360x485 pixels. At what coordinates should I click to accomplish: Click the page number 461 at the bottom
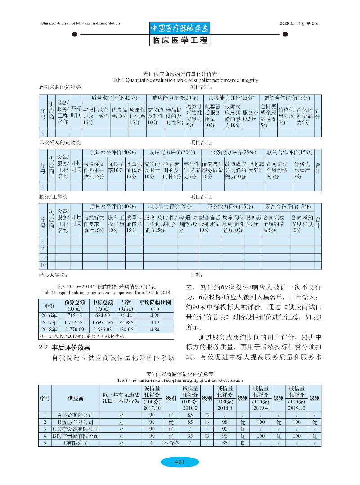(180, 462)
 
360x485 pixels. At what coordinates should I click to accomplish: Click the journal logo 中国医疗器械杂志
(180, 28)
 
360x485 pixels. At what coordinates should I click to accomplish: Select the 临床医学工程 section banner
(180, 41)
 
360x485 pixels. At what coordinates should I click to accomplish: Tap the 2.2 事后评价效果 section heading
(66, 348)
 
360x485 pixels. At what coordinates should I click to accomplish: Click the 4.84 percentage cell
(155, 330)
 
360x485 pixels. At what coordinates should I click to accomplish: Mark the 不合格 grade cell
(171, 443)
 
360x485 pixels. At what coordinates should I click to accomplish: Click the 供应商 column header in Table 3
(75, 399)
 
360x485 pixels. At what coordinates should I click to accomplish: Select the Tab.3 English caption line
(180, 380)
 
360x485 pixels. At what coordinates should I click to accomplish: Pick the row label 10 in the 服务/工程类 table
(44, 265)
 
